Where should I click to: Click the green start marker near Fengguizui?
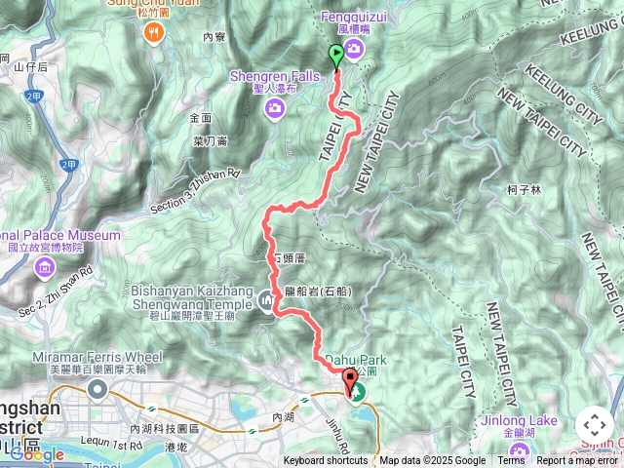pos(337,55)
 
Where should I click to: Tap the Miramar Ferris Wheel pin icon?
pos(97,390)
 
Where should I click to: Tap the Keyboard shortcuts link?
pos(326,461)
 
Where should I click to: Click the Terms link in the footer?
pos(511,461)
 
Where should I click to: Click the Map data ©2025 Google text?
pos(433,461)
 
